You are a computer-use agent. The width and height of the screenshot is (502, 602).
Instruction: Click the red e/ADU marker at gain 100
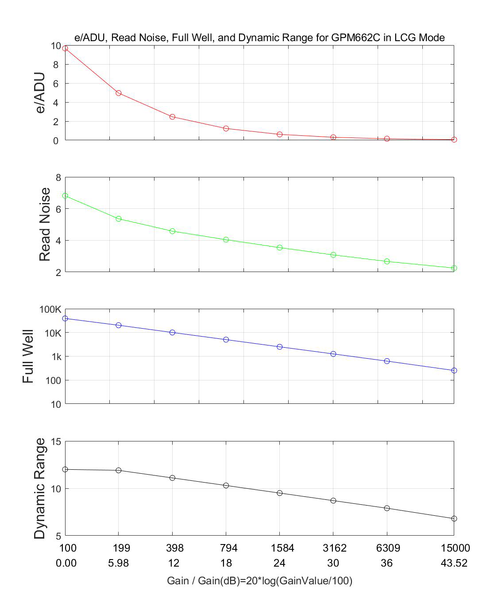65,48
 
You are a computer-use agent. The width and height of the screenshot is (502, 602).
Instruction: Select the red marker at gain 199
119,93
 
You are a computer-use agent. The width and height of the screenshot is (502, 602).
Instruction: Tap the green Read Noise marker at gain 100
65,196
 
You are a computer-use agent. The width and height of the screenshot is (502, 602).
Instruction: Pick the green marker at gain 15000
454,268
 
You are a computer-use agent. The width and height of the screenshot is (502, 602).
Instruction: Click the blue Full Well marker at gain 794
226,340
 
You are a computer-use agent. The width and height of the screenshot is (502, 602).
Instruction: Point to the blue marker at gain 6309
387,361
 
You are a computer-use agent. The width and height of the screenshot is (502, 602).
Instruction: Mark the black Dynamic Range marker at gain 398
172,478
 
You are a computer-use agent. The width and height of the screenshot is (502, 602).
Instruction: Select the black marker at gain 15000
454,518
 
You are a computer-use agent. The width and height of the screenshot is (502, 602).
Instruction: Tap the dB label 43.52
455,563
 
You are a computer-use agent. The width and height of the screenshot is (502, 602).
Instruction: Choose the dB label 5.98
119,563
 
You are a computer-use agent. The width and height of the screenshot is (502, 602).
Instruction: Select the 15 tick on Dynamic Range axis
55,441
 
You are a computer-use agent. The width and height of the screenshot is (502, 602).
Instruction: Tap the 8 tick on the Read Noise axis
58,177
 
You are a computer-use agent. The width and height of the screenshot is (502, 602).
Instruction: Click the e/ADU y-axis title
40,92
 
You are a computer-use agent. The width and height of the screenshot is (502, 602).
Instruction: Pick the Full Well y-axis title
28,356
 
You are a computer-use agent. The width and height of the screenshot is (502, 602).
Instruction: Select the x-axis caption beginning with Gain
259,581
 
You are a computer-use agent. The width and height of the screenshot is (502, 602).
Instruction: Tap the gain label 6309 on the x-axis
388,548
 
